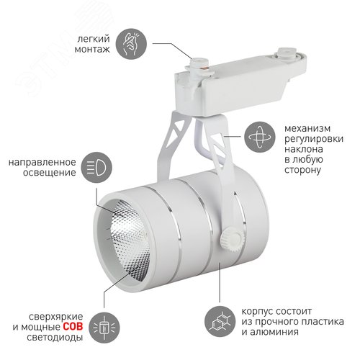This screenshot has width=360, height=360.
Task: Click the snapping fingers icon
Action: coord(133,40)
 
